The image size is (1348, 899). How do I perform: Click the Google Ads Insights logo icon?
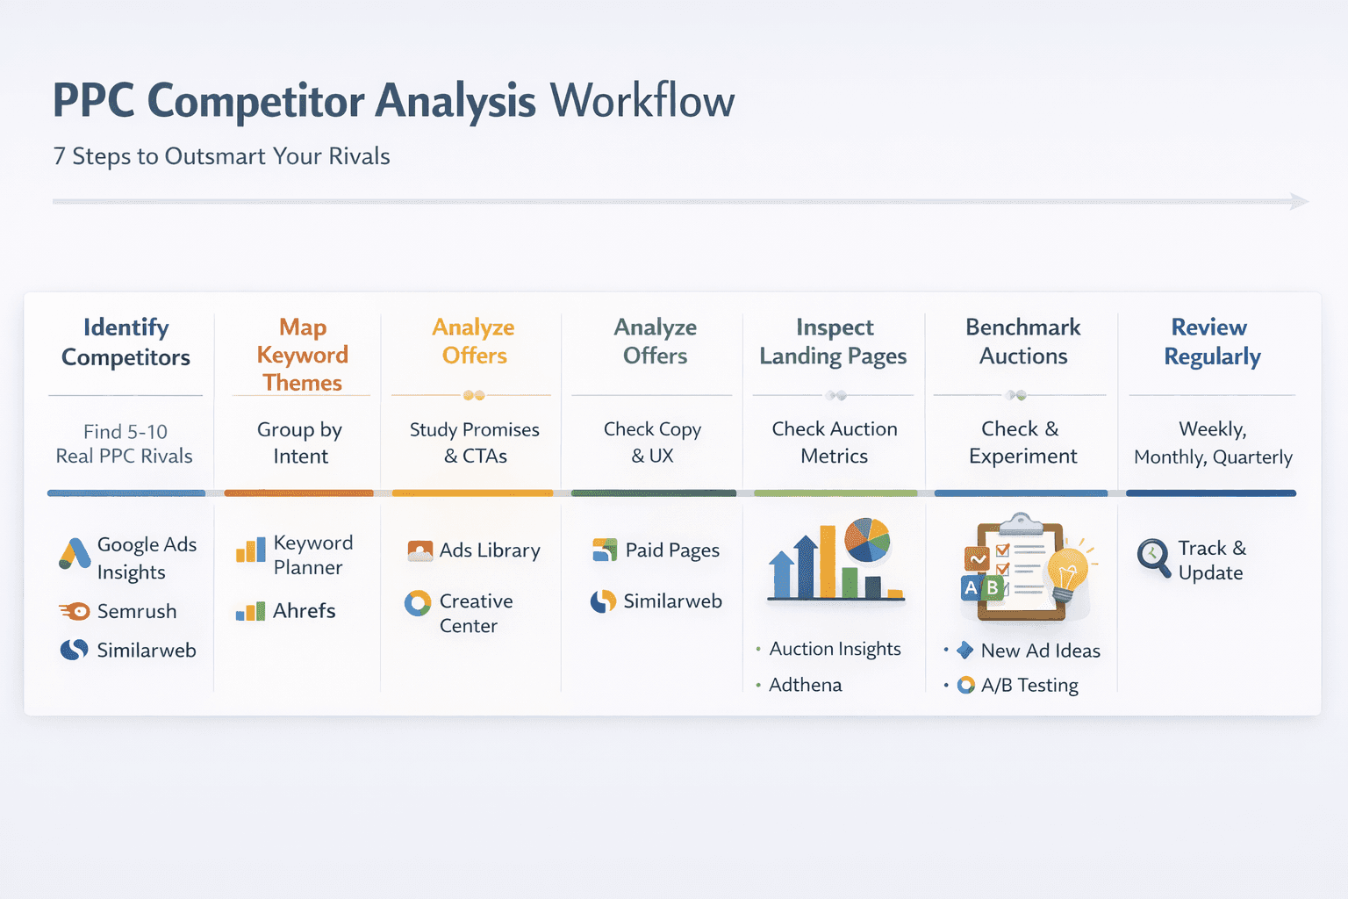click(75, 554)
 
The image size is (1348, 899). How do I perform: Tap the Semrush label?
click(137, 611)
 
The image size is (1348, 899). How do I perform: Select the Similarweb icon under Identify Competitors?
click(74, 650)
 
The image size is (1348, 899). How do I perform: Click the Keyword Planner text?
click(312, 555)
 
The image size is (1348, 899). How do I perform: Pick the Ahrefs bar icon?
click(250, 611)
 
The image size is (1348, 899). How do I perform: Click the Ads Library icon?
click(420, 550)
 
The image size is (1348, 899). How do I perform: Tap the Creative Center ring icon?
click(418, 603)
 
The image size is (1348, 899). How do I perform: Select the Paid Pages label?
click(672, 550)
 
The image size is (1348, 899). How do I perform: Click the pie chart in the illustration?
click(867, 539)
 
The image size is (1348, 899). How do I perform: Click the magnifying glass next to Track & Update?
click(1153, 557)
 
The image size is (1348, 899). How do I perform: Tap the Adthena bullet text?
click(805, 685)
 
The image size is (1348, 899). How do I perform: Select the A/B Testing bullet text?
click(1029, 686)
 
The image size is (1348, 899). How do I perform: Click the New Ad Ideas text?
click(1040, 651)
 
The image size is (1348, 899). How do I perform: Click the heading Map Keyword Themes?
click(303, 355)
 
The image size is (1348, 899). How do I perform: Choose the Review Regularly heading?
click(1211, 342)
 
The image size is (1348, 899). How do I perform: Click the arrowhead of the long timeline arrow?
click(1300, 202)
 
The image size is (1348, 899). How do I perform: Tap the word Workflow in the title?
click(642, 101)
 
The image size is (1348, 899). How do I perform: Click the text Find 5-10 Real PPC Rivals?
click(125, 443)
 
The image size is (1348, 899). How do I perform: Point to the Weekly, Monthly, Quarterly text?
click(1213, 443)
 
